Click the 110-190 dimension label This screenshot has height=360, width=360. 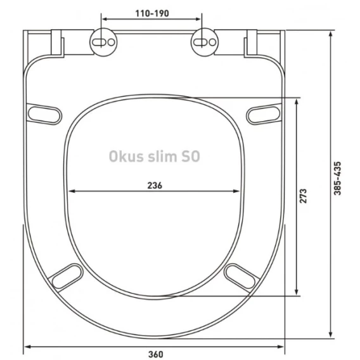pos(152,13)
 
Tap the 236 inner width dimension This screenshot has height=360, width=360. pos(155,185)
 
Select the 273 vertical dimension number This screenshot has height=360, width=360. pos(303,196)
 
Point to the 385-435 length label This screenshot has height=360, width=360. pos(337,178)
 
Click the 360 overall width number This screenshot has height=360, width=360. pos(156,354)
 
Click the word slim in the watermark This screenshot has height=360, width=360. pos(162,156)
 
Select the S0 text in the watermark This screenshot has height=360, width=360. pos(191,157)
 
